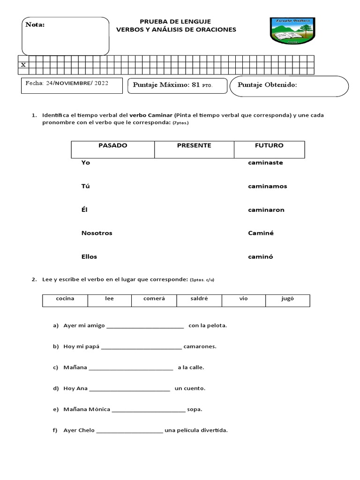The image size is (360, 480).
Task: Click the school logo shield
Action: [292, 31]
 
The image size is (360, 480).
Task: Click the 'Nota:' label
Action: [35, 25]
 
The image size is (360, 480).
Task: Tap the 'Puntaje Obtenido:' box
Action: [289, 85]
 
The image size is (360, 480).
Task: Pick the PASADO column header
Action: [112, 146]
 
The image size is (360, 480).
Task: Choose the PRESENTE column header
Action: [194, 146]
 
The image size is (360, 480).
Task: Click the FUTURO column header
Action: [269, 146]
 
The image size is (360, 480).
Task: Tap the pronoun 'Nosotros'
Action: [97, 233]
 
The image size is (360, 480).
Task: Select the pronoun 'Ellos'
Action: [89, 256]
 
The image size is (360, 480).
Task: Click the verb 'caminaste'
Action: [265, 163]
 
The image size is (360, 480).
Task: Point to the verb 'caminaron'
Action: [266, 210]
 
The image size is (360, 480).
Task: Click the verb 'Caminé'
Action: [261, 233]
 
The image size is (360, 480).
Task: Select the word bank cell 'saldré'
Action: [199, 299]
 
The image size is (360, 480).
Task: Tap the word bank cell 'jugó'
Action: [287, 299]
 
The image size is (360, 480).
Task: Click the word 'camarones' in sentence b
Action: [200, 347]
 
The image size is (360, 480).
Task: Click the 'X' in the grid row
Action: [23, 65]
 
